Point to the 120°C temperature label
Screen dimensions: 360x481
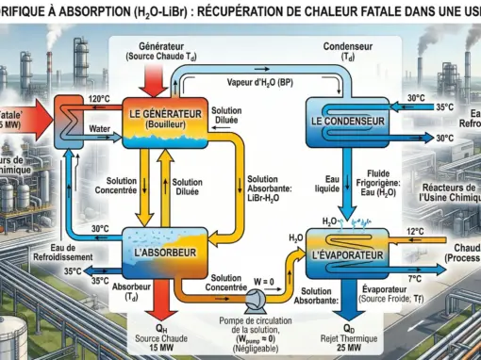pyautogui.click(x=100, y=98)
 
